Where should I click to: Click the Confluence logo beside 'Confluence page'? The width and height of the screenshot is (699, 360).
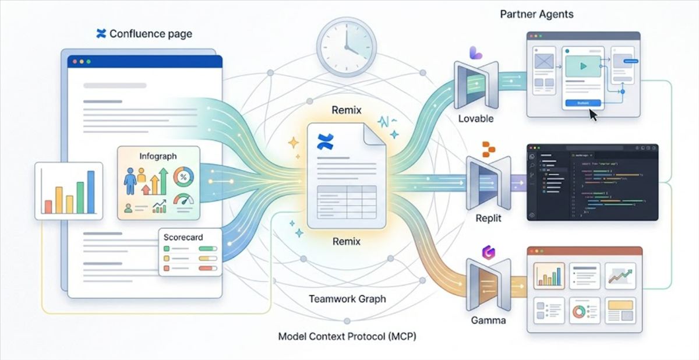[x=101, y=34]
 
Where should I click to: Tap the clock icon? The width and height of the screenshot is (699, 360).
[x=345, y=46]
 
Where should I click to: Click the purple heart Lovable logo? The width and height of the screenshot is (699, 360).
[x=476, y=53]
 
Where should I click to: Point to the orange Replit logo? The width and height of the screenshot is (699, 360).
[x=488, y=149]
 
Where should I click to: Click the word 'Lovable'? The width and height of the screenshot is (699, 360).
[x=475, y=118]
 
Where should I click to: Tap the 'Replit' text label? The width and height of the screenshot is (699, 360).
[x=488, y=219]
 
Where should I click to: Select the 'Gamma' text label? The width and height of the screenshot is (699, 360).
[x=488, y=320]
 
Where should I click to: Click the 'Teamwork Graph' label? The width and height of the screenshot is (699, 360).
[x=347, y=299]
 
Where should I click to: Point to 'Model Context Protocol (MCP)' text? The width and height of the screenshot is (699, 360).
[x=347, y=336]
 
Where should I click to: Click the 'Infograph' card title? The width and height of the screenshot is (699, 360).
[x=158, y=156]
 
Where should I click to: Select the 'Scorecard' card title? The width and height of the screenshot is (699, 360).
[x=183, y=238]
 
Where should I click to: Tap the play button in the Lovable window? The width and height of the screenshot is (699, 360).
[x=583, y=66]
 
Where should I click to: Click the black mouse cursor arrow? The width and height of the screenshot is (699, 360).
[x=593, y=115]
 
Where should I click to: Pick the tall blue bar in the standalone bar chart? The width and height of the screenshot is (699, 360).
[x=90, y=192]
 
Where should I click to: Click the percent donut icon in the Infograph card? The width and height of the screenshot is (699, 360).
[x=184, y=176]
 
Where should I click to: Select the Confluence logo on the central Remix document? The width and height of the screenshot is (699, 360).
[x=325, y=142]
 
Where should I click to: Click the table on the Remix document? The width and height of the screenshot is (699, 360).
[x=346, y=202]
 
